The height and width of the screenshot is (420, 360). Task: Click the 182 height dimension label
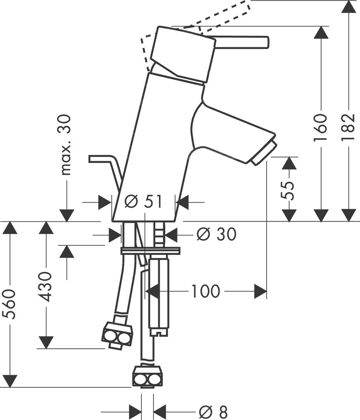(348, 127)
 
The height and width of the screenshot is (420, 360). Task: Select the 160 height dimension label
(320, 127)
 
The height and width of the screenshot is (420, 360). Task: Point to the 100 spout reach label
(205, 291)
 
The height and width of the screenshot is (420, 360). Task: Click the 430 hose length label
(45, 286)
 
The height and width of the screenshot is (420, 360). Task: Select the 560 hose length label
(9, 304)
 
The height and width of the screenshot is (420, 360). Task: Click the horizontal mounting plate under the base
(150, 251)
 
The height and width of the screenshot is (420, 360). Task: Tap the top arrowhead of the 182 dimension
(349, 7)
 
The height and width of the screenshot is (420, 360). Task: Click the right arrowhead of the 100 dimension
(260, 291)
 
